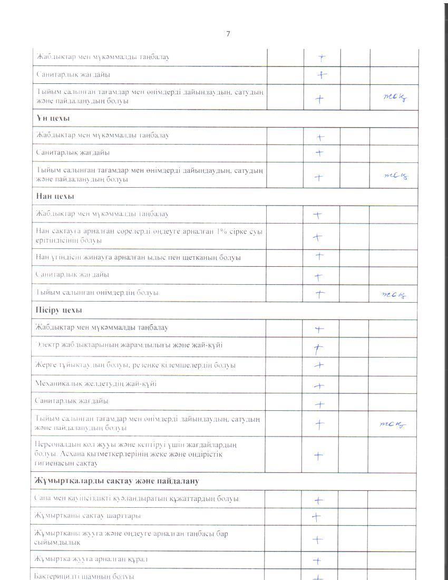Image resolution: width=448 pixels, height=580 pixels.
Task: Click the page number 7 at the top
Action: coord(228,34)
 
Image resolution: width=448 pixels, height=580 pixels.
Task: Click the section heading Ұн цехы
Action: coord(52,118)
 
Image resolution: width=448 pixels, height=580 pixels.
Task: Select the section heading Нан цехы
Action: coord(55,196)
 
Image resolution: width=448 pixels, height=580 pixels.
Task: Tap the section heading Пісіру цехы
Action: coord(58,310)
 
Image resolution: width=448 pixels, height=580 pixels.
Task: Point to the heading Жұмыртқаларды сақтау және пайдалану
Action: coord(116,481)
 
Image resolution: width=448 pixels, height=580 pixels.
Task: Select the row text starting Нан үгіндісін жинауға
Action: coord(138,257)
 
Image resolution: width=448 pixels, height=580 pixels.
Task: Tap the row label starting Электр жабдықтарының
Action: coord(129,345)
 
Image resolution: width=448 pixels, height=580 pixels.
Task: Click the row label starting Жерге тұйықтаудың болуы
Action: coord(135,365)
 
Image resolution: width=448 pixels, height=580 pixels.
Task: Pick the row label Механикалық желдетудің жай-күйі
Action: coord(95,383)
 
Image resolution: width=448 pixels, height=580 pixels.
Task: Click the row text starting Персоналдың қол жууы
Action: coord(136,454)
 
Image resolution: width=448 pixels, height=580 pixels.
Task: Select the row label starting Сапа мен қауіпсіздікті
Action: coord(137,498)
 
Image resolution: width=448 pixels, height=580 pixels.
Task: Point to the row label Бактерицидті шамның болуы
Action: coord(84,575)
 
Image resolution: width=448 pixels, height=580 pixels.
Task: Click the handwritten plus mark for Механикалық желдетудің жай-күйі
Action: coord(318,386)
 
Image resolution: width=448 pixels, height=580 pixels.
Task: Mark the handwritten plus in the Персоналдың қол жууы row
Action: coord(318,456)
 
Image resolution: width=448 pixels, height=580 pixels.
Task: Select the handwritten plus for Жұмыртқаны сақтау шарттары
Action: coord(316,517)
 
